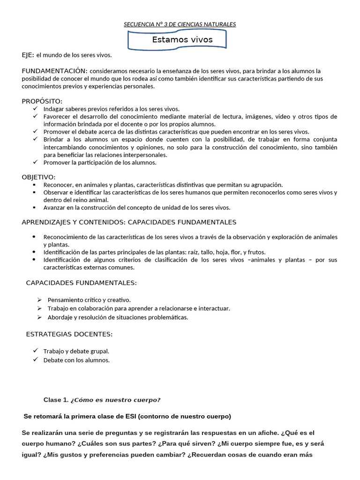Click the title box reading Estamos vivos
182,40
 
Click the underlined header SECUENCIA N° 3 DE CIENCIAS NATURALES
180,24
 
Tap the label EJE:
28,55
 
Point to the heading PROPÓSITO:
42,101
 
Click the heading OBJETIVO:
38,177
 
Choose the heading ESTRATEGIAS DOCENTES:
69,334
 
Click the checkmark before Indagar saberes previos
36,109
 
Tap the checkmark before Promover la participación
36,162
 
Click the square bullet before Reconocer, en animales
34,185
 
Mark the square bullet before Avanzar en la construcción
34,207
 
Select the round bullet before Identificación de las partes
34,252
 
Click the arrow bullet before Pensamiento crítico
39,300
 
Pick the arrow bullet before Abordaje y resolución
39,317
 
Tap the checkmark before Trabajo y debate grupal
36,351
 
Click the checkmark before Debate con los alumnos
36,360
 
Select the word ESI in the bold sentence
132,416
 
